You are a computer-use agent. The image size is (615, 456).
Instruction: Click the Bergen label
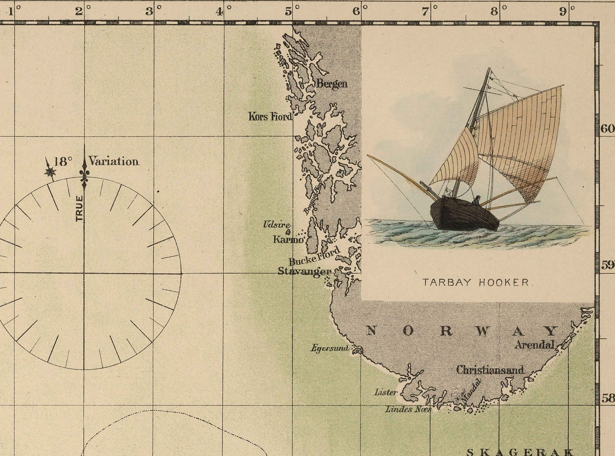pyautogui.click(x=332, y=84)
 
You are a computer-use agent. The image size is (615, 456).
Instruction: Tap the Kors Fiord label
pyautogui.click(x=270, y=116)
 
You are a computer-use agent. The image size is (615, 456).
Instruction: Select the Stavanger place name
pyautogui.click(x=304, y=271)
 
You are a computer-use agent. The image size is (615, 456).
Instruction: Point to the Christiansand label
pyautogui.click(x=490, y=370)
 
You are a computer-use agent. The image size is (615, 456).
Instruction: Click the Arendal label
pyautogui.click(x=534, y=345)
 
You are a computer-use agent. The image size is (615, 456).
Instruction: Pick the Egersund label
pyautogui.click(x=330, y=348)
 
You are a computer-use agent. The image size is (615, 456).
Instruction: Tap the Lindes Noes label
pyautogui.click(x=408, y=409)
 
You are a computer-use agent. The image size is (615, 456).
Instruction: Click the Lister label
pyautogui.click(x=386, y=392)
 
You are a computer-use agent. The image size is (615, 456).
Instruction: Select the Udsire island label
pyautogui.click(x=277, y=224)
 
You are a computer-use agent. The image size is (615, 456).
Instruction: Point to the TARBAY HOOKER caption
pyautogui.click(x=476, y=282)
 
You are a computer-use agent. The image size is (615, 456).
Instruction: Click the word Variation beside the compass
pyautogui.click(x=113, y=161)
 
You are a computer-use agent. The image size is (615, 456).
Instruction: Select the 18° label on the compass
pyautogui.click(x=63, y=161)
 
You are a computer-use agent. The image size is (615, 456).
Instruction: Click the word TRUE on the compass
pyautogui.click(x=79, y=209)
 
